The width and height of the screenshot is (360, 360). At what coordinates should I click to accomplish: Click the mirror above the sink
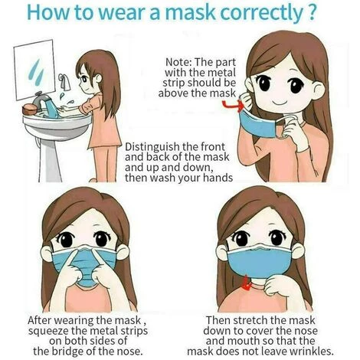[x=34, y=70]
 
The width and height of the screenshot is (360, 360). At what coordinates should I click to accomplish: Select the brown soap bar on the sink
[x=30, y=110]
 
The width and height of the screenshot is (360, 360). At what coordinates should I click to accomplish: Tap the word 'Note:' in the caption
[x=178, y=62]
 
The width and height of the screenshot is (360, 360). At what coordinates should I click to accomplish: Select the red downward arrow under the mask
[x=247, y=283]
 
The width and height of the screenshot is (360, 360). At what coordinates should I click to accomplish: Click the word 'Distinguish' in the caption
[x=152, y=147]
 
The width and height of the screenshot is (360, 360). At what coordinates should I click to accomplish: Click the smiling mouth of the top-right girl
[x=279, y=103]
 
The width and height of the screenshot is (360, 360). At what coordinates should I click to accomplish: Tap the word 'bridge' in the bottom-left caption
[x=67, y=352]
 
